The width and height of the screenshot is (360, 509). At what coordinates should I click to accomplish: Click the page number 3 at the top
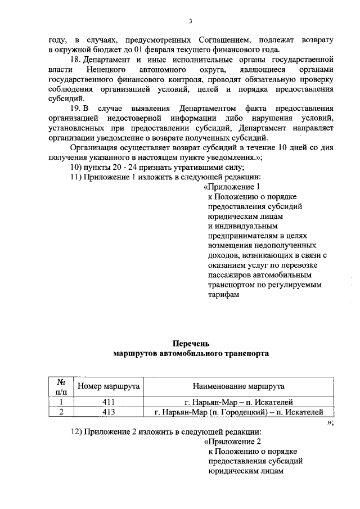click(x=190, y=22)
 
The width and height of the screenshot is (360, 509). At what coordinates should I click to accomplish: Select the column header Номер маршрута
click(x=109, y=386)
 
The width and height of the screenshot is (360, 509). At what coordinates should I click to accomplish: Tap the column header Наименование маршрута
click(x=238, y=386)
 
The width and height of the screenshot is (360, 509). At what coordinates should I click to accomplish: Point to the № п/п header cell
click(x=61, y=386)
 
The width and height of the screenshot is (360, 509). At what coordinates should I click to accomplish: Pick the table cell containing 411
click(x=109, y=402)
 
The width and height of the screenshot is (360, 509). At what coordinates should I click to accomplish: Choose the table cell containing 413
click(x=109, y=412)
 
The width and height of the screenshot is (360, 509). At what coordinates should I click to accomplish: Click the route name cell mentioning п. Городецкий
click(x=238, y=412)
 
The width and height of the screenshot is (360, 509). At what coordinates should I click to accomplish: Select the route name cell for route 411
click(x=238, y=402)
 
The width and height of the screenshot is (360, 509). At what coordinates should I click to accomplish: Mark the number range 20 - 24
click(x=115, y=167)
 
